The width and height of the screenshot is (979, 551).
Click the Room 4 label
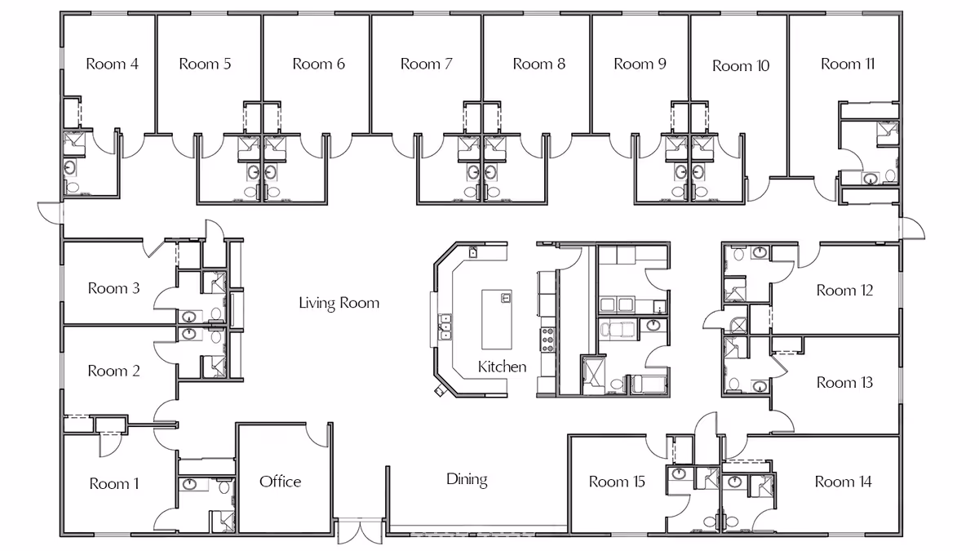[113, 64]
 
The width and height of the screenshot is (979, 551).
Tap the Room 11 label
[848, 64]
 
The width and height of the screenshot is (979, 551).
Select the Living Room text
[339, 303]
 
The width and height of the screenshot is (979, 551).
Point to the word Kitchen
[503, 367]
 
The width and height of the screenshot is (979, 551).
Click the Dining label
[467, 480]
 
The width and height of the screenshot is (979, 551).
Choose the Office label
[280, 482]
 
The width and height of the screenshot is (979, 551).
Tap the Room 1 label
[114, 483]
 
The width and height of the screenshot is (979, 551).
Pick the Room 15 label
[617, 482]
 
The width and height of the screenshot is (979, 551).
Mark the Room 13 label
[845, 383]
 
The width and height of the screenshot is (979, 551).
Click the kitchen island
[497, 319]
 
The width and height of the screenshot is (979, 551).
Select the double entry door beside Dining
[360, 531]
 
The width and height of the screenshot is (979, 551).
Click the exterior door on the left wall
[51, 213]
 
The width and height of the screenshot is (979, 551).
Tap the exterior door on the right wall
[912, 229]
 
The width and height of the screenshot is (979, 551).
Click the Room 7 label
[427, 64]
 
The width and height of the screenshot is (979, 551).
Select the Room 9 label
[640, 64]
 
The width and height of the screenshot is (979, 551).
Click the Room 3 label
[113, 288]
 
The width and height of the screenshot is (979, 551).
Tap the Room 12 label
[845, 291]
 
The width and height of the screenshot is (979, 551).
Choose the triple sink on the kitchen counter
[445, 327]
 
